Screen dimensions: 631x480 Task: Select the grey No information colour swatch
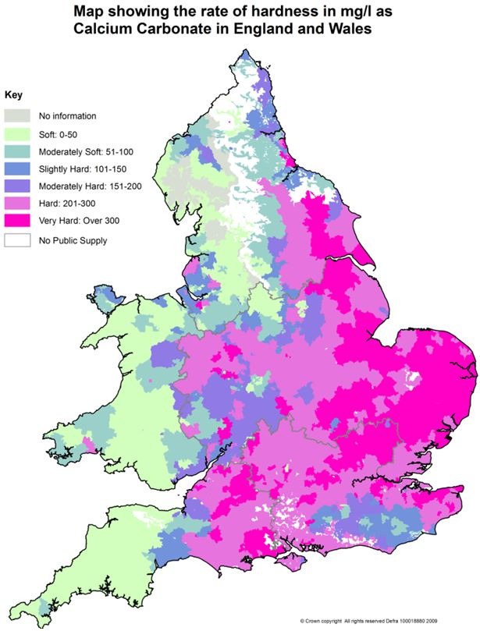tap(20, 115)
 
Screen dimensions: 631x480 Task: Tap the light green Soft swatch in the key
tap(20, 133)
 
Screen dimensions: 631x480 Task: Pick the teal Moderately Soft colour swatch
tap(20, 151)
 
